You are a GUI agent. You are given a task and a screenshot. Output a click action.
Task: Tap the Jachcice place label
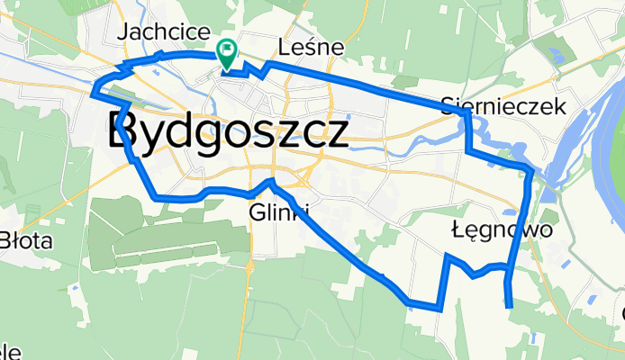(159, 32)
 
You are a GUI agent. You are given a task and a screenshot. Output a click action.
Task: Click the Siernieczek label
(504, 106)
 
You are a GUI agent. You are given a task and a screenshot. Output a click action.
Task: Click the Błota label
(27, 240)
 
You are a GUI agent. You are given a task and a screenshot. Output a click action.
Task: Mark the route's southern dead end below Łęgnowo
(510, 307)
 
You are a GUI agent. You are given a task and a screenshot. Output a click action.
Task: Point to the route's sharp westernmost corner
(94, 88)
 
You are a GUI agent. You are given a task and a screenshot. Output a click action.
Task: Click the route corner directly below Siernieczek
(467, 151)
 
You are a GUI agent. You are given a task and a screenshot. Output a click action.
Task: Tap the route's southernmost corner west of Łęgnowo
(439, 309)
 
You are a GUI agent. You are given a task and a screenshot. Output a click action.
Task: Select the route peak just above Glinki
(271, 182)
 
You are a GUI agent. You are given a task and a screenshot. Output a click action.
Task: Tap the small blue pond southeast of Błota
(76, 288)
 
